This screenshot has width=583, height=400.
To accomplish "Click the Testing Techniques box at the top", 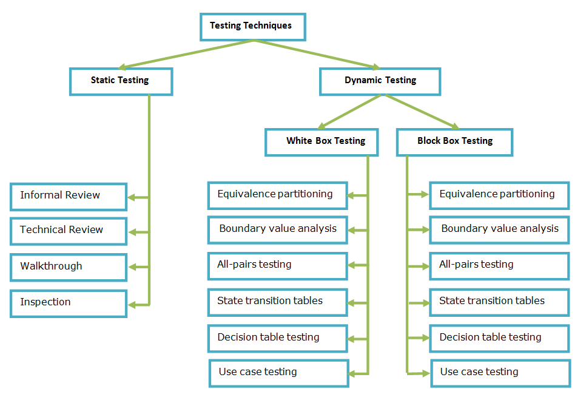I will tap(252, 27).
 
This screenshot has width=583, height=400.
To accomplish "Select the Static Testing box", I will tap(121, 81).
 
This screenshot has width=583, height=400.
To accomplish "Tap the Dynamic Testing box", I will tap(380, 81).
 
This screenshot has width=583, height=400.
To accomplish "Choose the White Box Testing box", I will tap(322, 141).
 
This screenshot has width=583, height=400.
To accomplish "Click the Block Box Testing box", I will tap(454, 141).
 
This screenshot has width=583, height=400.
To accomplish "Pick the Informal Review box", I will tap(68, 196).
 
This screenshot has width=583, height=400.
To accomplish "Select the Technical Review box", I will tap(68, 231).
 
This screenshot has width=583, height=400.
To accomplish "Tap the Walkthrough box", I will tap(68, 267).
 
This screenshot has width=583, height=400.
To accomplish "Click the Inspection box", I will tap(68, 303).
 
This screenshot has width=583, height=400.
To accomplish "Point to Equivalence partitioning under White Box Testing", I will tap(277, 195).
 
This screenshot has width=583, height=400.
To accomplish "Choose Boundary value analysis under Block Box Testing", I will tap(499, 229).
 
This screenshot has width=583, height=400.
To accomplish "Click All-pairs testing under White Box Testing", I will tap(277, 265).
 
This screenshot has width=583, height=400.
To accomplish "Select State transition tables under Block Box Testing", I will tap(499, 302).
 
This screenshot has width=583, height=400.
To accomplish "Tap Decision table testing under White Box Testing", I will tap(277, 338).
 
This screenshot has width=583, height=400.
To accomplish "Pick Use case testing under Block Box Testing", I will tap(500, 373).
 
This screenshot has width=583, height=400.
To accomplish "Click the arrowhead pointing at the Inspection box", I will tap(131, 305).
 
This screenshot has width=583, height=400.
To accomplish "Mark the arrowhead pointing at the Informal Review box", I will tap(131, 197).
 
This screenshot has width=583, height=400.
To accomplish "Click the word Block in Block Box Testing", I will tap(429, 141).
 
